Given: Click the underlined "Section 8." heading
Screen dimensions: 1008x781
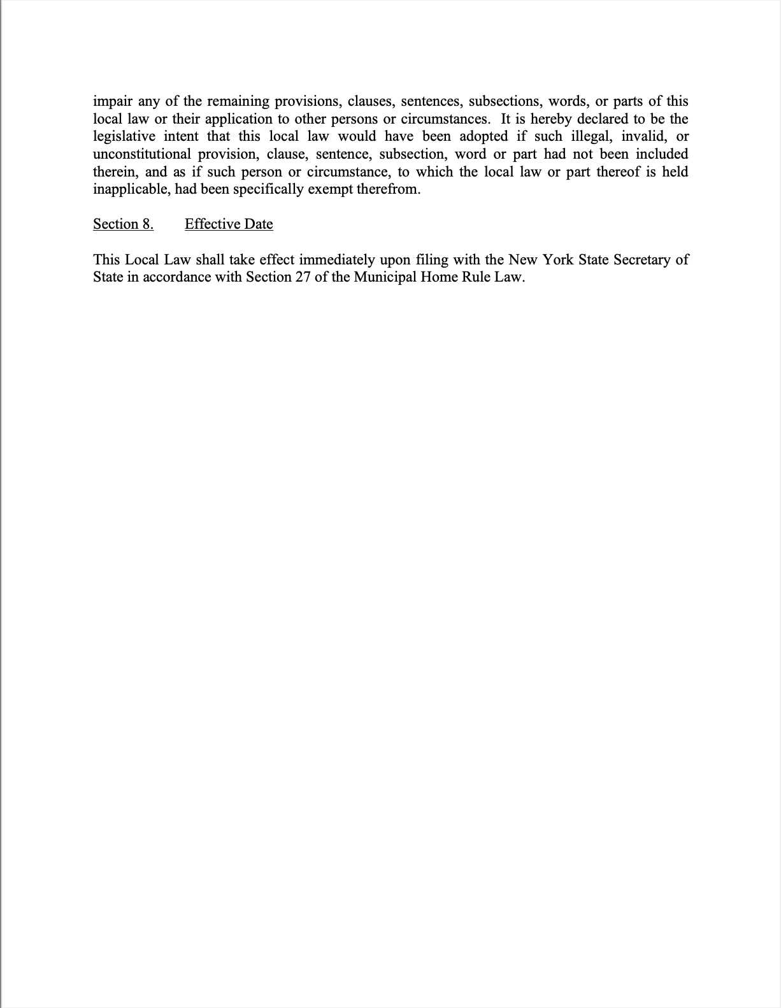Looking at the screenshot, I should [x=123, y=224].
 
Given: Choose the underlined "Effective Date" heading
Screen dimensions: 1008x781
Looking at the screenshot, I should [x=229, y=224].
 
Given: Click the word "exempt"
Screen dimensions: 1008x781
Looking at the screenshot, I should [x=334, y=190].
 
